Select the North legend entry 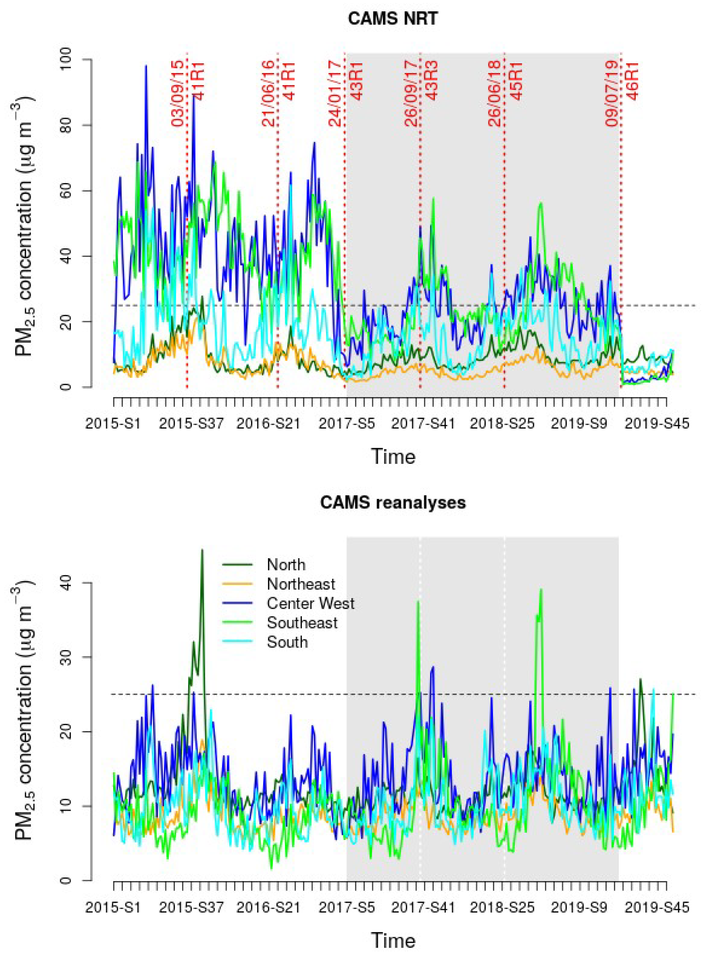point(286,565)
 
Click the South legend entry point(287,642)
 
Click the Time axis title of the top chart point(393,456)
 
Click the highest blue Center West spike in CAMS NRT point(146,66)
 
